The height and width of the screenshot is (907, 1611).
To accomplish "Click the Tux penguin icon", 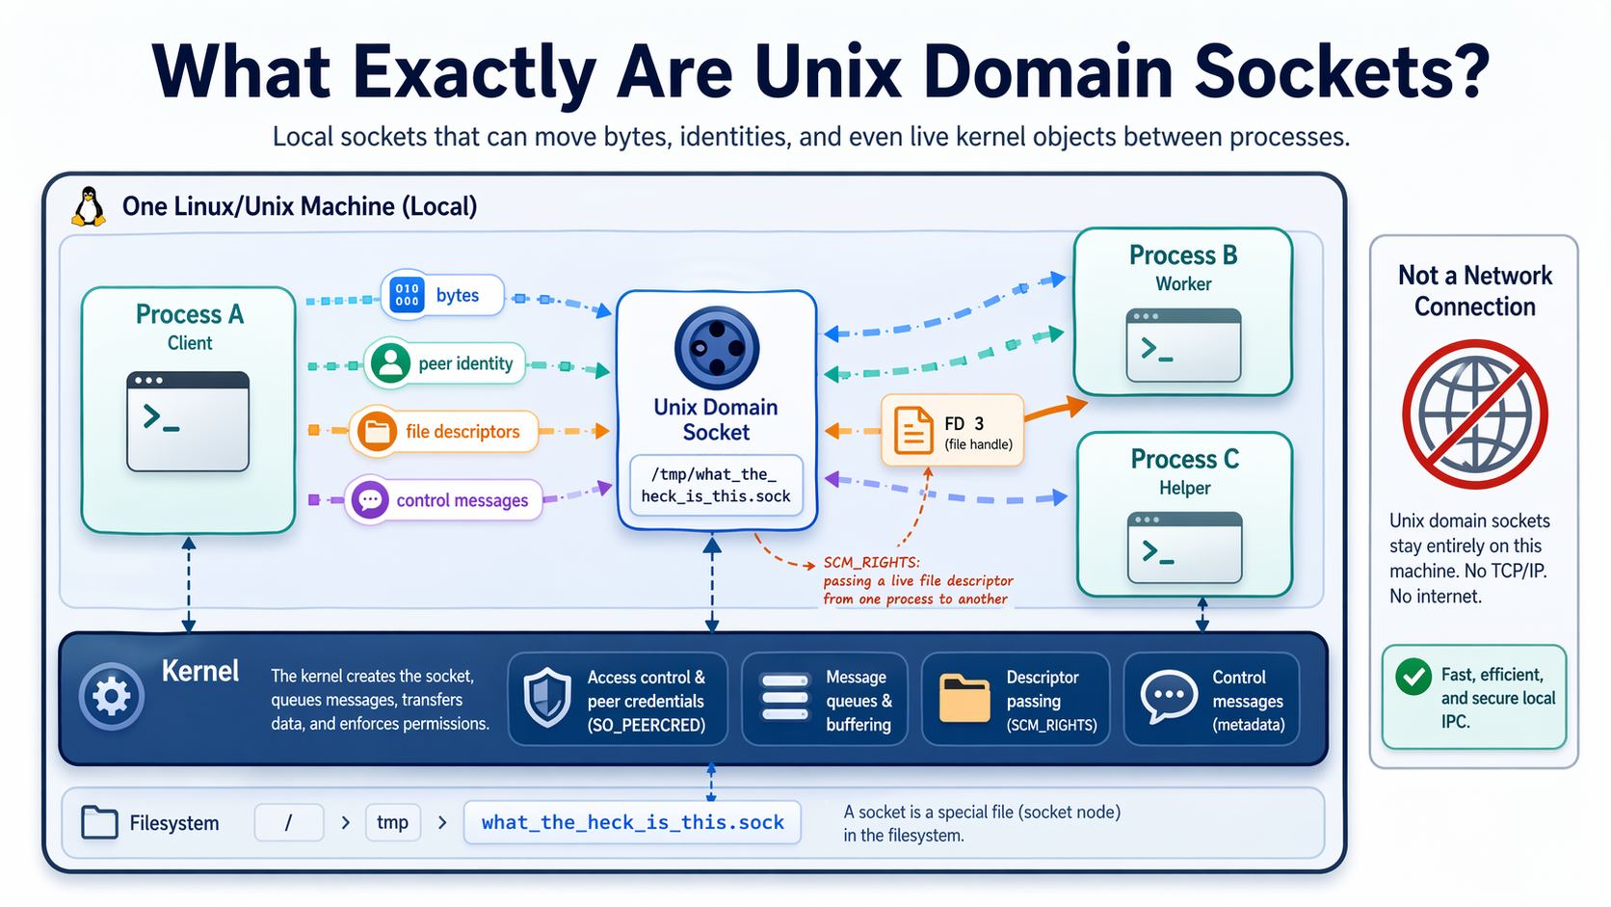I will click(x=90, y=206).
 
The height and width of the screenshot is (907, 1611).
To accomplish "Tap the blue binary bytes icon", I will click(x=407, y=295).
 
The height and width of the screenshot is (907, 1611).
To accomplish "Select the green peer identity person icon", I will click(x=390, y=363).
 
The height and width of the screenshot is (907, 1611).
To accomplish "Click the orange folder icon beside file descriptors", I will click(x=377, y=431).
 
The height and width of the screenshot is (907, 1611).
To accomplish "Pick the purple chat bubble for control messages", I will click(x=369, y=500).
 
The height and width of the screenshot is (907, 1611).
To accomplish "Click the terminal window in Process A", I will click(x=188, y=421).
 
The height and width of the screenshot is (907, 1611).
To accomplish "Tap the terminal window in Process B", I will click(x=1183, y=345).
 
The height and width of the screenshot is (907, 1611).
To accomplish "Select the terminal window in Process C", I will click(x=1184, y=547).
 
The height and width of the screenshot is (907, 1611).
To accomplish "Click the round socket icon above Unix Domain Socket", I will click(x=716, y=348).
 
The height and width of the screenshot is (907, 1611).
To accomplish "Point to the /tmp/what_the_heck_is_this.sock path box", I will click(x=716, y=485).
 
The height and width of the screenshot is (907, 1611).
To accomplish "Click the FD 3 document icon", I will click(x=913, y=430).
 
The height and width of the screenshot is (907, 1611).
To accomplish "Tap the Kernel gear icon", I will click(x=112, y=696).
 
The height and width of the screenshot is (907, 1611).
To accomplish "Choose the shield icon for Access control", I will click(x=547, y=697).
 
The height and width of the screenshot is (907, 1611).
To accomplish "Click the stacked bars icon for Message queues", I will click(x=785, y=697).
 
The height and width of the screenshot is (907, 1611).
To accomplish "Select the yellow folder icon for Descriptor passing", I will click(x=964, y=698).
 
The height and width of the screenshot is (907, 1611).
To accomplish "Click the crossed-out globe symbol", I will click(x=1474, y=413).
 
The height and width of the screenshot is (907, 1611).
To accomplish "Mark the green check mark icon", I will click(x=1413, y=677).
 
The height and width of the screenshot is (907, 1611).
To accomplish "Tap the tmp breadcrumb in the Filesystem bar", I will click(x=392, y=822).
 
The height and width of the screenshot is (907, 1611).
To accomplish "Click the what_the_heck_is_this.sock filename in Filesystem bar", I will click(x=632, y=822).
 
